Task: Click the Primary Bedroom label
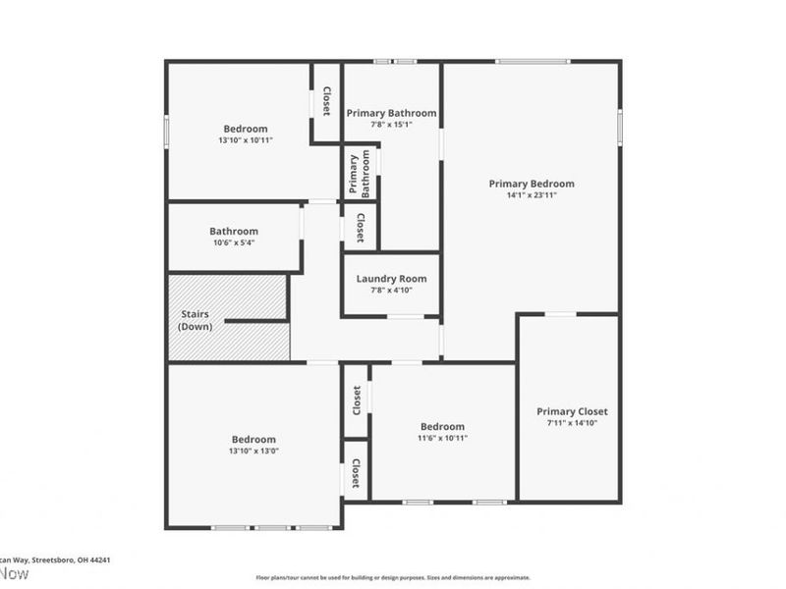point(532,184)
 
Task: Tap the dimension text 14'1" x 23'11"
point(532,194)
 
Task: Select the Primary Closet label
point(572,411)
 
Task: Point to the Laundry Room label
point(391,279)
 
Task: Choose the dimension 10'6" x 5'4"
point(234,242)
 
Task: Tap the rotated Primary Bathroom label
point(361,175)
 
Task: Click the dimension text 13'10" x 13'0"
point(253,451)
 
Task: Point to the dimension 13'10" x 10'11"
point(246,140)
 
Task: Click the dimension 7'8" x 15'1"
point(391,125)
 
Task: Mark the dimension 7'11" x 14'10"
point(572,423)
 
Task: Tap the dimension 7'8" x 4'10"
point(391,291)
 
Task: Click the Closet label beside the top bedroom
point(326,101)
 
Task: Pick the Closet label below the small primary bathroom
point(361,227)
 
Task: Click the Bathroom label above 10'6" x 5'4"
point(234,232)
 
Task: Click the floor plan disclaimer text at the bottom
point(393,577)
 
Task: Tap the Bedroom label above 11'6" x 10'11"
point(442,426)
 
